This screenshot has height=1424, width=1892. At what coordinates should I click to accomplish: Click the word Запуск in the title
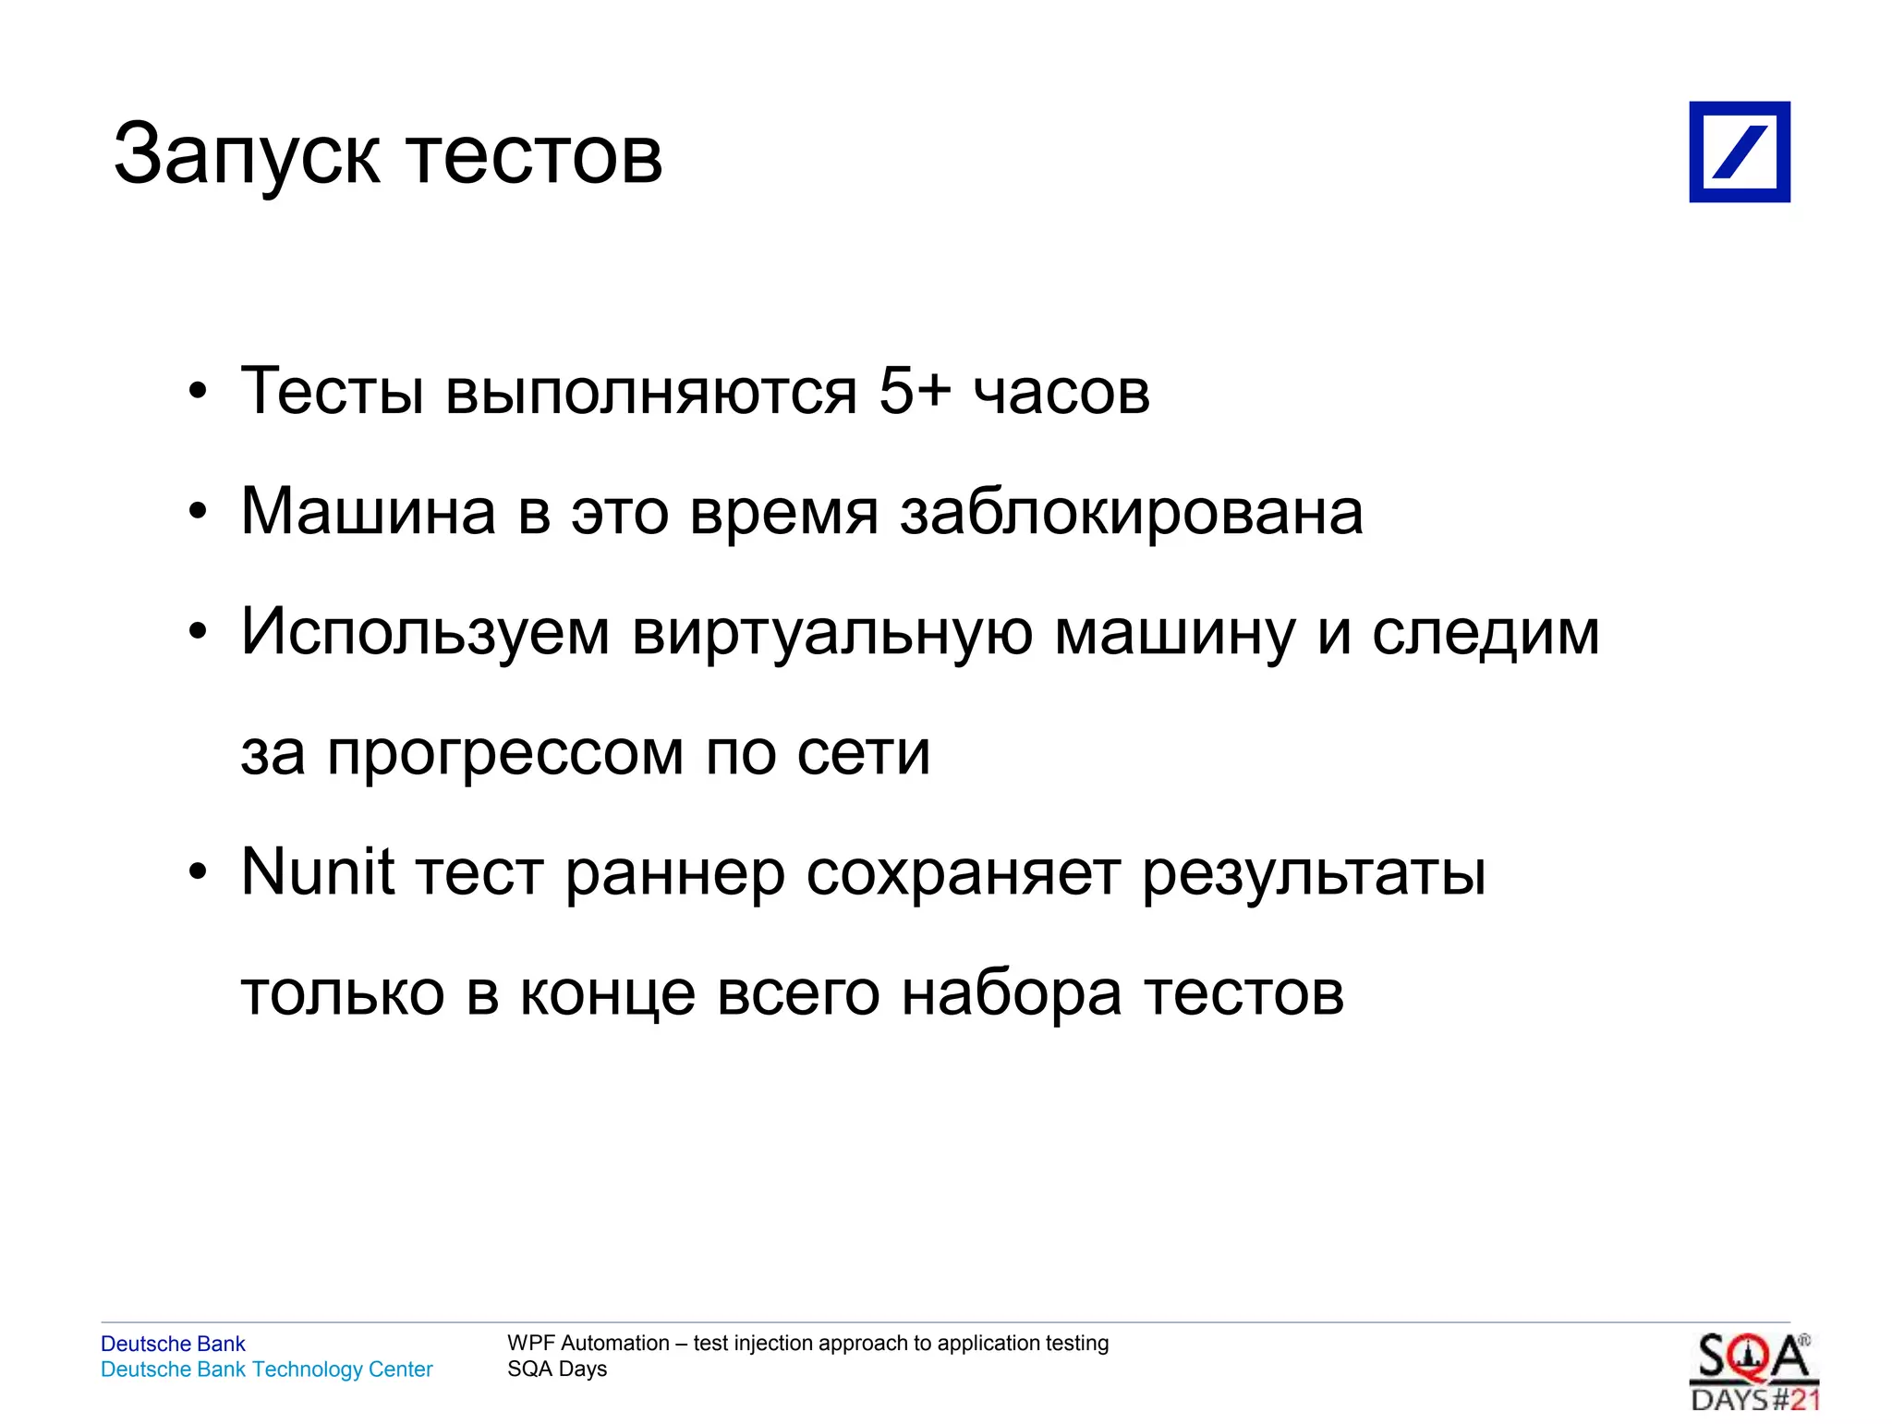tap(246, 155)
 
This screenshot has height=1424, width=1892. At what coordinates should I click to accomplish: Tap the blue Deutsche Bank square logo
tap(1739, 152)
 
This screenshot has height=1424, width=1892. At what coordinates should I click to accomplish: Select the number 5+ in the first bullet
tap(914, 390)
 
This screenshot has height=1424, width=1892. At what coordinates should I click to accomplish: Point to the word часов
tap(1061, 392)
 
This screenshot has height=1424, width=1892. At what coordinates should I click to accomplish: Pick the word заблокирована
tap(1132, 513)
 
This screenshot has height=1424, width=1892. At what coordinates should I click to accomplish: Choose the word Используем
tap(425, 633)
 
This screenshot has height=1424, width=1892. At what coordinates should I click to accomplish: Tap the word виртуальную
tap(832, 633)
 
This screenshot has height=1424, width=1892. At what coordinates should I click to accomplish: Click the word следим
tap(1486, 633)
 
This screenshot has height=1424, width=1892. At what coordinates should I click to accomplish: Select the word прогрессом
tap(505, 754)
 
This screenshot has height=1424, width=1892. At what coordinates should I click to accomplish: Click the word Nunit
tap(318, 871)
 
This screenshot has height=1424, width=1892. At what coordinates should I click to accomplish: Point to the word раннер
tap(674, 874)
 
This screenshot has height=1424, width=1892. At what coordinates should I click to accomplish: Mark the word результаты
tap(1314, 874)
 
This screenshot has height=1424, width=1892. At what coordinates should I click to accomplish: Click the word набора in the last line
tap(1013, 994)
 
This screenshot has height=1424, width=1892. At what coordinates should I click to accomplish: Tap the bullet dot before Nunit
tap(198, 872)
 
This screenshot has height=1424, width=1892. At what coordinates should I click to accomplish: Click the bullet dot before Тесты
tap(198, 391)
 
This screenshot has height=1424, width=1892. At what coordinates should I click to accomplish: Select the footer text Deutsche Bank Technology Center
tap(266, 1369)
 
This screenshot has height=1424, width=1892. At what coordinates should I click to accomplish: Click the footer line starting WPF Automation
tap(807, 1343)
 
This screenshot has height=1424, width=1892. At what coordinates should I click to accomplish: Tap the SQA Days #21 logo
tap(1753, 1372)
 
